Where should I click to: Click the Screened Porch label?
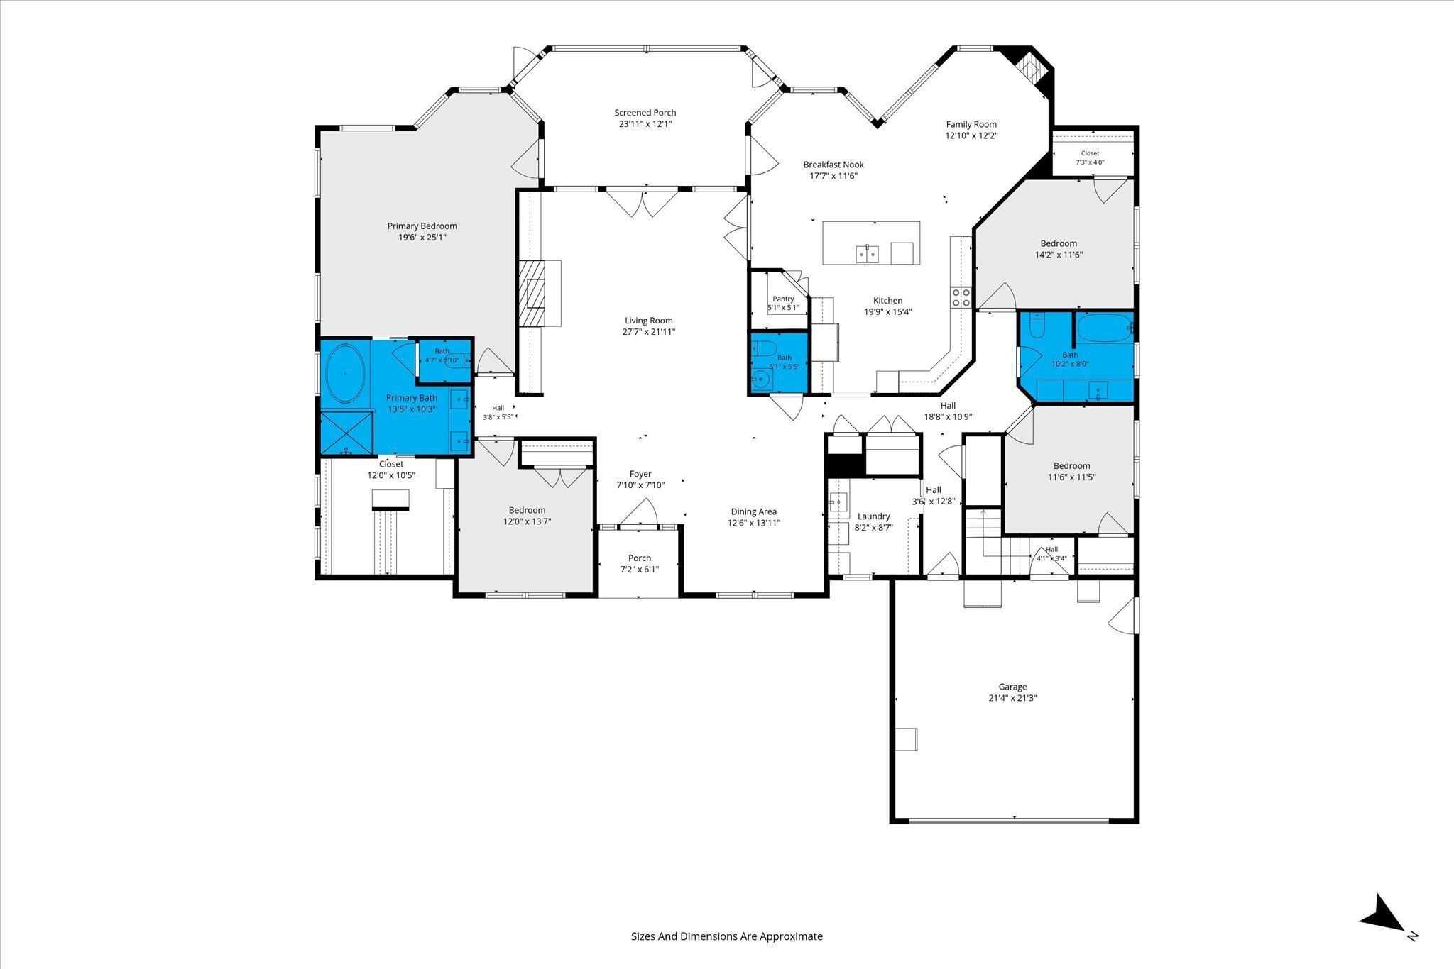click(x=645, y=113)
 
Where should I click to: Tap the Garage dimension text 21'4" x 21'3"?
click(x=1012, y=698)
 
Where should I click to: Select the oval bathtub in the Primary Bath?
click(x=346, y=374)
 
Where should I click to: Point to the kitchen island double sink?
click(x=868, y=253)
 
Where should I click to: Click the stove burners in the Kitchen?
click(x=961, y=297)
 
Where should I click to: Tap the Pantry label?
click(x=783, y=299)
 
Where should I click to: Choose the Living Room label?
click(x=648, y=321)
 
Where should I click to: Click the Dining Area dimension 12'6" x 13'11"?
click(x=753, y=523)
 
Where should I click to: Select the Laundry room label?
click(x=873, y=516)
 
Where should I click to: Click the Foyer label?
click(x=640, y=474)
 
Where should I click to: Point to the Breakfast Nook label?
click(x=833, y=165)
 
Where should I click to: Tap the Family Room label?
click(x=971, y=124)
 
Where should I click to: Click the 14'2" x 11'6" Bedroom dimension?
click(x=1059, y=255)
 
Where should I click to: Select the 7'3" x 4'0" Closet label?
click(x=1090, y=162)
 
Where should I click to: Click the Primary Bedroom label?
click(x=422, y=226)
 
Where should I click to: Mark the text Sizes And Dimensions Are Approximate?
click(x=727, y=936)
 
